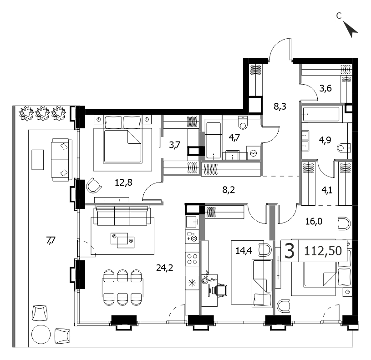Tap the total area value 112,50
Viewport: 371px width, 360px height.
[323, 251]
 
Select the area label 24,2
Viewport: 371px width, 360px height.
[165, 268]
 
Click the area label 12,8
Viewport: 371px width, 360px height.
[123, 183]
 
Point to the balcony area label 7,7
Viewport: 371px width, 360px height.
[51, 241]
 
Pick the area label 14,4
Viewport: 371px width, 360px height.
[244, 250]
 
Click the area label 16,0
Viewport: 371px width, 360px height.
[314, 222]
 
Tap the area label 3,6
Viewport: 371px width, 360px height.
[325, 88]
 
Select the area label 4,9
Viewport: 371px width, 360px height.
[325, 140]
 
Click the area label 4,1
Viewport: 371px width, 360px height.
[327, 190]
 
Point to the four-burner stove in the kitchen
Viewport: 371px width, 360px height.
[192, 259]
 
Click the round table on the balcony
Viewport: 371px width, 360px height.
[41, 335]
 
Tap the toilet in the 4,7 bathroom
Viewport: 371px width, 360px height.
[243, 122]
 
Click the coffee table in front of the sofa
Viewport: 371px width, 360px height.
[122, 240]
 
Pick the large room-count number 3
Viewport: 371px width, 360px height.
[290, 251]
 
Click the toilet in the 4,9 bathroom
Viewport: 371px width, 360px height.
[344, 148]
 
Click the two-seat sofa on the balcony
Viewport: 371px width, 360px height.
[61, 160]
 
